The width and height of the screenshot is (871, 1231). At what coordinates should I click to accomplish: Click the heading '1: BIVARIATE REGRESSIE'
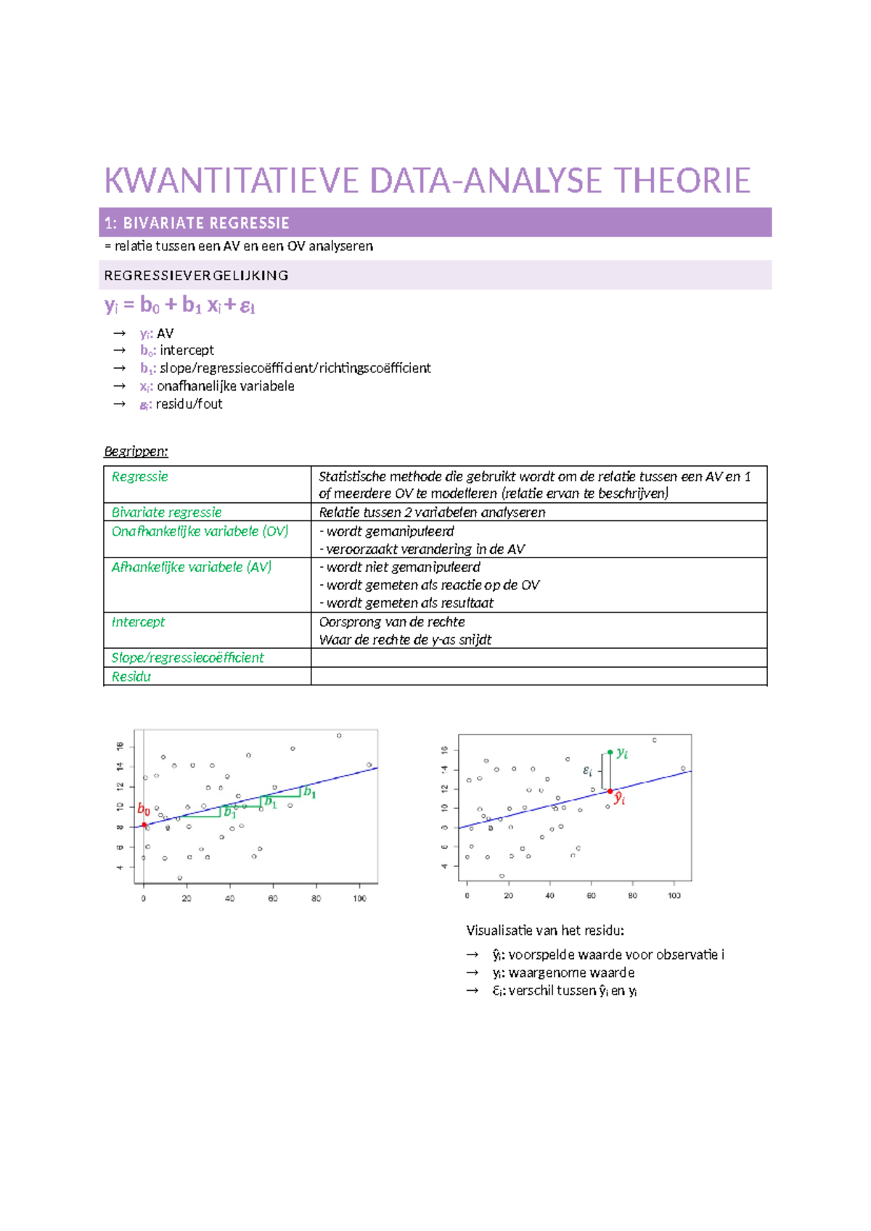[197, 223]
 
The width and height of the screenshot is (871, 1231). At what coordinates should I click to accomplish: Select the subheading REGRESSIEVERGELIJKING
[196, 275]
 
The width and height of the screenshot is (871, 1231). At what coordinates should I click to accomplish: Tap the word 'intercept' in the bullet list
[187, 350]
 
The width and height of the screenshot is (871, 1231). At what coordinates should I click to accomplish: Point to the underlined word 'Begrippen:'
[136, 451]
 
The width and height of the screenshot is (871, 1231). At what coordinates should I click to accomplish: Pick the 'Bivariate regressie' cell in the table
[166, 512]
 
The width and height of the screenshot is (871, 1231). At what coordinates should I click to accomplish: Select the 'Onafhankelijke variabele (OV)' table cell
[200, 531]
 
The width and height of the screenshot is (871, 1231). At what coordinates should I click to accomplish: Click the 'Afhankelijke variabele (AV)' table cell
[191, 567]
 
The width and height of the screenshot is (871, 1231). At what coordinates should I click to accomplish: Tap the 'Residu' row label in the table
[131, 676]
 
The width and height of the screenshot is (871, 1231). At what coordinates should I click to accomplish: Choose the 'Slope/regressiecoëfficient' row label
[187, 658]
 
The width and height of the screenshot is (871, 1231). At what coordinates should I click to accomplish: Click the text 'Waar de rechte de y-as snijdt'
[405, 639]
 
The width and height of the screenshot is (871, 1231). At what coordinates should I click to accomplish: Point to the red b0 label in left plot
[144, 809]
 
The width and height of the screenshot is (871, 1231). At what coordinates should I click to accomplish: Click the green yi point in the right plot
[610, 753]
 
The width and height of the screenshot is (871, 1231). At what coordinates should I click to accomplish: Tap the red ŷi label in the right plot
[620, 799]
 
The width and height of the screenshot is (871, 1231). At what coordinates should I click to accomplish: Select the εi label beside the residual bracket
[588, 772]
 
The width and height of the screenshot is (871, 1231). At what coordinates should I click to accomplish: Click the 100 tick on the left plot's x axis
[360, 899]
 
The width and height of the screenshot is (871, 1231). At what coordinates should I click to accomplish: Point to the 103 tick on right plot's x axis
[674, 896]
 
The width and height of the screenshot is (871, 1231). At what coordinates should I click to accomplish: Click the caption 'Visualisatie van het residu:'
[544, 931]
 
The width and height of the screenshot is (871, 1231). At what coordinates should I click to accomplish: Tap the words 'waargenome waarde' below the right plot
[571, 973]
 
